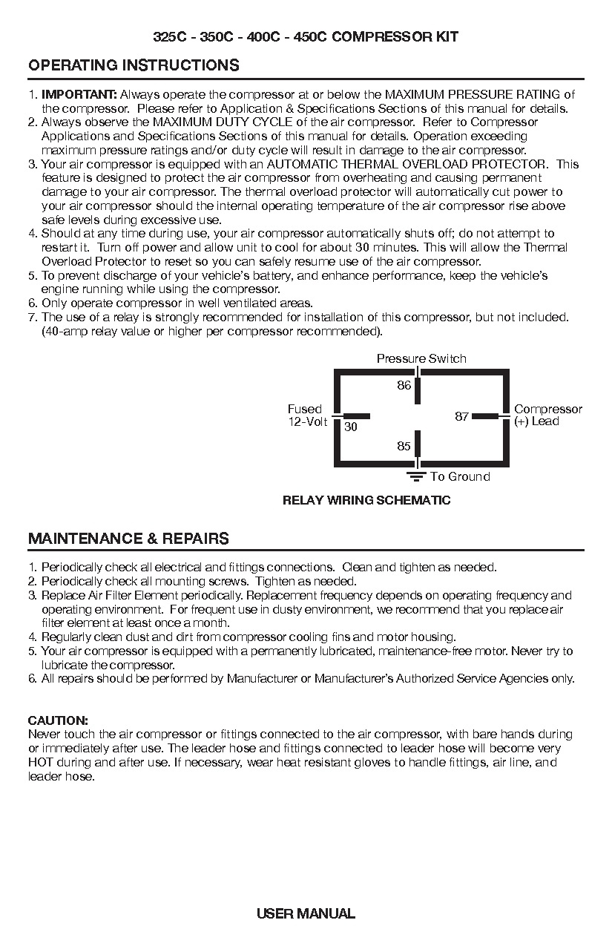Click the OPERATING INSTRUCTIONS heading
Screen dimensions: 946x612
134,65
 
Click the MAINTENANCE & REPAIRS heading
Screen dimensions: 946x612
128,539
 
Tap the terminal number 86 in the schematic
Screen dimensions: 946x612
404,386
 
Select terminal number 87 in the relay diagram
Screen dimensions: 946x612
461,417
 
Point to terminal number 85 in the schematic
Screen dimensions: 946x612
404,447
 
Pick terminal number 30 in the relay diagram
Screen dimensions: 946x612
351,427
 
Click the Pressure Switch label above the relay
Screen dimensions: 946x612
421,359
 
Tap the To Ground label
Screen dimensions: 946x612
460,477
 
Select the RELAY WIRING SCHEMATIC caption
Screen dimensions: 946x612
366,500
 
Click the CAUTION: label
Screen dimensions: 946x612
58,720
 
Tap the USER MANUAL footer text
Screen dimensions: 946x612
306,914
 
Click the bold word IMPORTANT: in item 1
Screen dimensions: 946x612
79,94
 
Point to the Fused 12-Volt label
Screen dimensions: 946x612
306,415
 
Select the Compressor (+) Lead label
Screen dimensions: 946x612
547,415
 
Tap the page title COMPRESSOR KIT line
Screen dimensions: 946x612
306,37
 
